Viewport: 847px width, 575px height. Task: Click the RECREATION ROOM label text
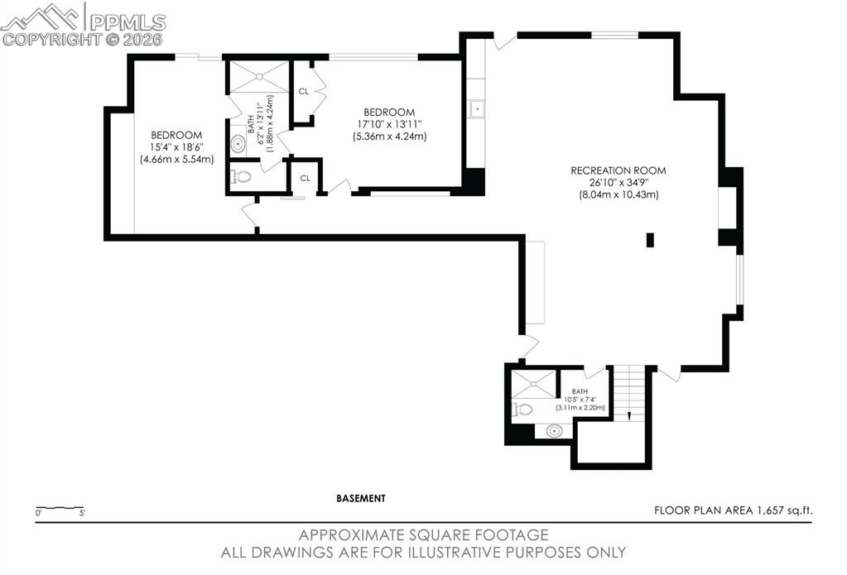pos(618,170)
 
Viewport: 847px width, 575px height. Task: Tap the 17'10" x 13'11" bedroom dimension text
pos(387,124)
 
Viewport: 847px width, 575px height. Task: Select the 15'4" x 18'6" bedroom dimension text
pos(176,147)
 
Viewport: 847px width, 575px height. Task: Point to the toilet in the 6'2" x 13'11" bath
pos(242,176)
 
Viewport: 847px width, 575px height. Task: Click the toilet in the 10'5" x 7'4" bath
pos(522,409)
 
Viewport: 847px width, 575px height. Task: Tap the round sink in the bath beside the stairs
pos(554,430)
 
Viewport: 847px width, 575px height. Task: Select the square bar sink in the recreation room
pos(477,108)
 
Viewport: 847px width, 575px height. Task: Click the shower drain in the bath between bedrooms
pos(259,76)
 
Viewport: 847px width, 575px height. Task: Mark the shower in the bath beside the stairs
pos(532,383)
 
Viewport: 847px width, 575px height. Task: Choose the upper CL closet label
pos(304,92)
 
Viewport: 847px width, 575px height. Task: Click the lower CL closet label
pos(305,178)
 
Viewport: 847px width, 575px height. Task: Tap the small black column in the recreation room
pos(650,240)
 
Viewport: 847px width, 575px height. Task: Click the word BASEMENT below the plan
pos(361,498)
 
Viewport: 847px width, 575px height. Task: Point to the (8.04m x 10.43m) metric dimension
pos(618,194)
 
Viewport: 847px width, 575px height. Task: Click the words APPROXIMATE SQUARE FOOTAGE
pos(423,535)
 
